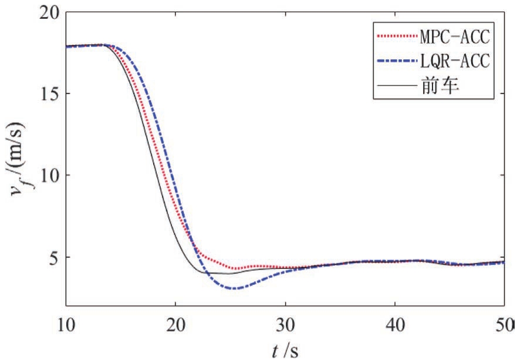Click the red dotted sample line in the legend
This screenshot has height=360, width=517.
click(395, 38)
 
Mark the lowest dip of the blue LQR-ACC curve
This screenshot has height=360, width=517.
click(235, 288)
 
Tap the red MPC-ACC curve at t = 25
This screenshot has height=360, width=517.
click(231, 268)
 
